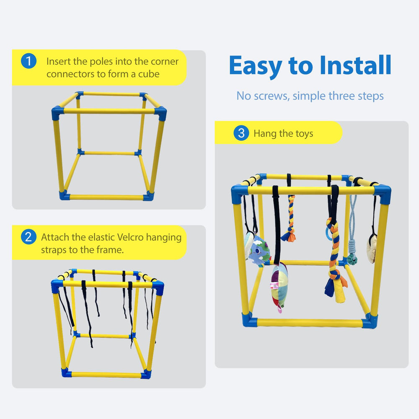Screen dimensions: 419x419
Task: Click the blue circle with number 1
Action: point(28,61)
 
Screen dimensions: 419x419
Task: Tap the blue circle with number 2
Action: point(28,237)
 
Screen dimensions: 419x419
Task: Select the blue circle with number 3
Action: point(241,133)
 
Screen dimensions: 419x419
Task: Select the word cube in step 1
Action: point(147,74)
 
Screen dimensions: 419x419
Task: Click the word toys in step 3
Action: point(304,134)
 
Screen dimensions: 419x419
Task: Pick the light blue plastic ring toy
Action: point(328,233)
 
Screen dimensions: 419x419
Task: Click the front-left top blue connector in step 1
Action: point(58,112)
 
